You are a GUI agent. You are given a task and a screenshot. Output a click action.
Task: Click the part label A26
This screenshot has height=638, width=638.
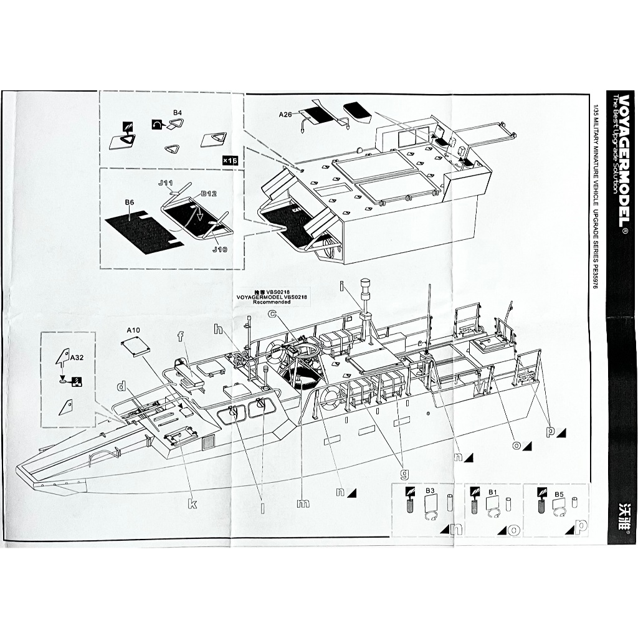[x=285, y=115]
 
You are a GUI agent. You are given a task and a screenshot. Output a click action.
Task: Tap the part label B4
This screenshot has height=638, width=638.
[x=178, y=113]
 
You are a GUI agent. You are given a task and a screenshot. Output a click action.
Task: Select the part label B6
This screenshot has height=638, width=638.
[x=130, y=202]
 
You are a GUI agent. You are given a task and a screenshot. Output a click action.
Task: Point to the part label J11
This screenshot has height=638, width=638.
[x=165, y=183]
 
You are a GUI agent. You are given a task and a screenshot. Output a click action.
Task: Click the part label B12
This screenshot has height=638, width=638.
[x=208, y=194]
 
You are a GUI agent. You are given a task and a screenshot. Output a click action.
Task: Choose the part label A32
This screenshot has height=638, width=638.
[x=77, y=358]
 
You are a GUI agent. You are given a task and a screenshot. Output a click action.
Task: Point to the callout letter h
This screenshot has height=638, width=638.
[x=218, y=330]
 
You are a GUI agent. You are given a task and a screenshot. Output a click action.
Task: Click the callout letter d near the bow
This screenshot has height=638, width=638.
[x=121, y=387]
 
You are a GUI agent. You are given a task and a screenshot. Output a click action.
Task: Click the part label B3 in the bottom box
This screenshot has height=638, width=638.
[x=430, y=491]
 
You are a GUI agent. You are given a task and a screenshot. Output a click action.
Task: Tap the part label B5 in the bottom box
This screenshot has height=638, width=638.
[x=559, y=494]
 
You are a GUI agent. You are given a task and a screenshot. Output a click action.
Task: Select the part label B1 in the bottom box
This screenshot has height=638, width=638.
[x=492, y=492]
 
